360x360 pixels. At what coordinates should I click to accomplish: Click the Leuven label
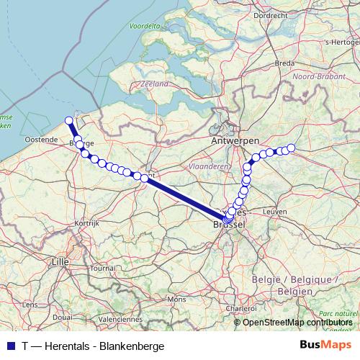click(276, 212)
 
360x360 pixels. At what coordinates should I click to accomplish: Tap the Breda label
click(284, 63)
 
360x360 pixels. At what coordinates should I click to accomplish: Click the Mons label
click(175, 298)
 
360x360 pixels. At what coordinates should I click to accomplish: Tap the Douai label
click(62, 316)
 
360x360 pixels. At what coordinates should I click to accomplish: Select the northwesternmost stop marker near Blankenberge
click(69, 121)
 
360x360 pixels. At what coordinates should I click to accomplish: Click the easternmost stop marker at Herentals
click(292, 148)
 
